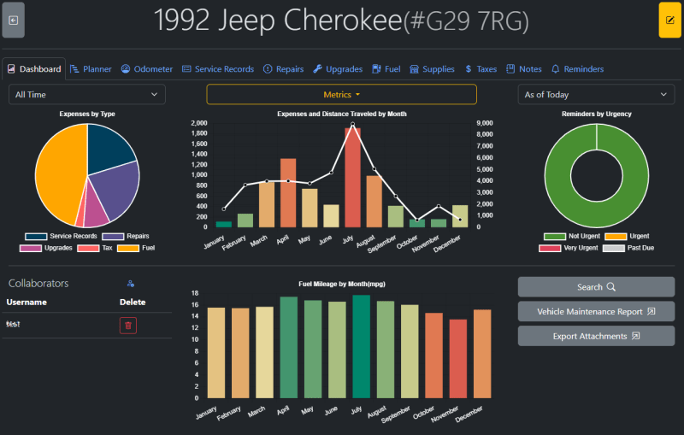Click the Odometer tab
click(147, 69)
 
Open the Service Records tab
click(218, 69)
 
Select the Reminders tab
click(577, 69)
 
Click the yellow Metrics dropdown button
click(341, 95)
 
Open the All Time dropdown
click(87, 95)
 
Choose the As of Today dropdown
click(596, 95)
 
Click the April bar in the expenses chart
click(288, 192)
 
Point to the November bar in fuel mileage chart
click(458, 359)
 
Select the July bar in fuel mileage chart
click(361, 346)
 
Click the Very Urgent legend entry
click(563, 248)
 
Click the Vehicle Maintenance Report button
click(596, 312)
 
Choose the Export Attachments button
click(596, 336)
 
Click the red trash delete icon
click(128, 325)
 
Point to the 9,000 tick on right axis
click(482, 123)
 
